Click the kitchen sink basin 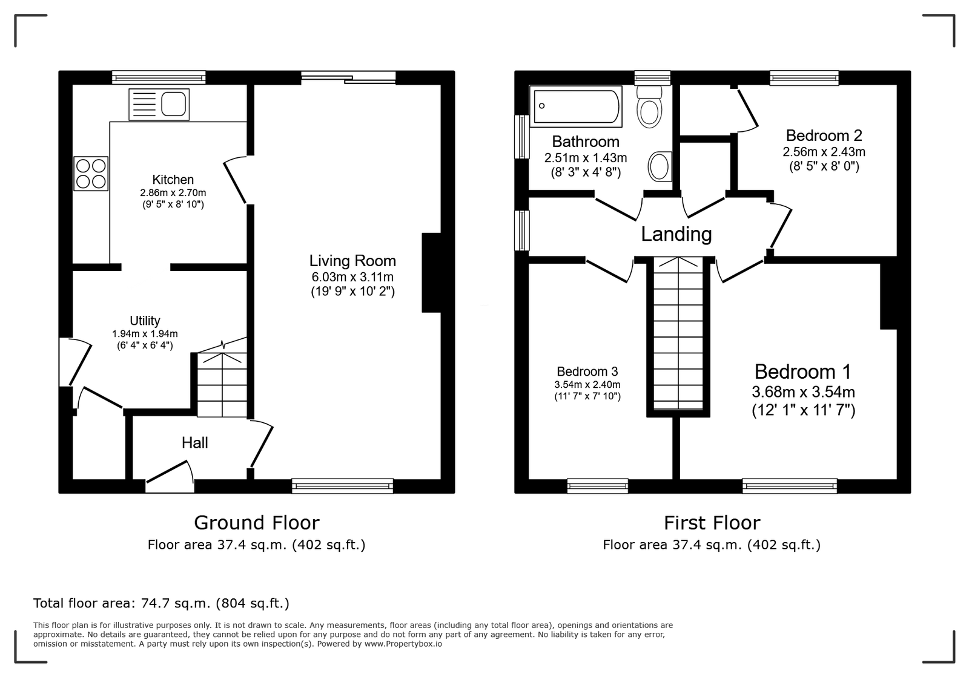point(173,104)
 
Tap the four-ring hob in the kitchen point(91,174)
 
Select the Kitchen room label point(173,179)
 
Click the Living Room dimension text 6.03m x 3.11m point(352,277)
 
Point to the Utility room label point(145,321)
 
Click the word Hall point(194,443)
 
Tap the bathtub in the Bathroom point(576,106)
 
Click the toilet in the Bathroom point(649,106)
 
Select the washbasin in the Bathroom point(660,166)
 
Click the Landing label point(676,234)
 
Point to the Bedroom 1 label point(803,371)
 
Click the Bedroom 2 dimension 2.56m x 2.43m point(824,152)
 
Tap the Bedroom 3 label point(587,371)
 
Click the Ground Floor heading point(257,523)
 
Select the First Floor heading point(712,523)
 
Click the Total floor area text point(161,603)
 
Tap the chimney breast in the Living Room point(431,273)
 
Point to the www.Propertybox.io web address point(403,644)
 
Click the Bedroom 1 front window point(790,486)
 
